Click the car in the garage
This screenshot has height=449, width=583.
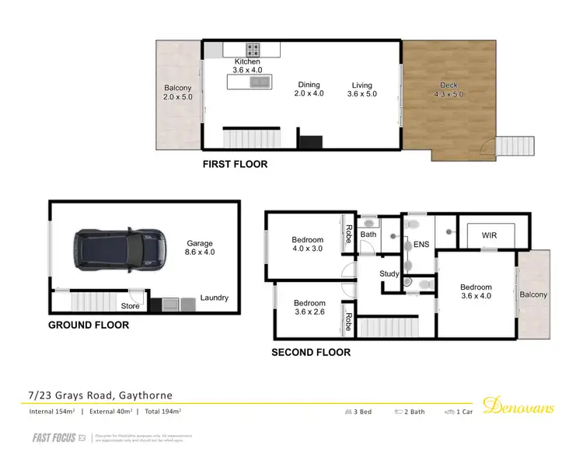120,249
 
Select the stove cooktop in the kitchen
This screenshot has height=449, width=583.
253,48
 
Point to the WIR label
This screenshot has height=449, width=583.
489,235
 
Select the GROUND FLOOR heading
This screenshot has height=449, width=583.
89,325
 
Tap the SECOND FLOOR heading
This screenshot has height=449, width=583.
310,352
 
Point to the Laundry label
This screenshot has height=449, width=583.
214,298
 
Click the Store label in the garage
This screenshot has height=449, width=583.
130,306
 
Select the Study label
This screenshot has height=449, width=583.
389,273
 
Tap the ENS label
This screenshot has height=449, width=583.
421,245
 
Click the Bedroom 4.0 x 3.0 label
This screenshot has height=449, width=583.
308,244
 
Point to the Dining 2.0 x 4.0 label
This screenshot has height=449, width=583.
309,89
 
